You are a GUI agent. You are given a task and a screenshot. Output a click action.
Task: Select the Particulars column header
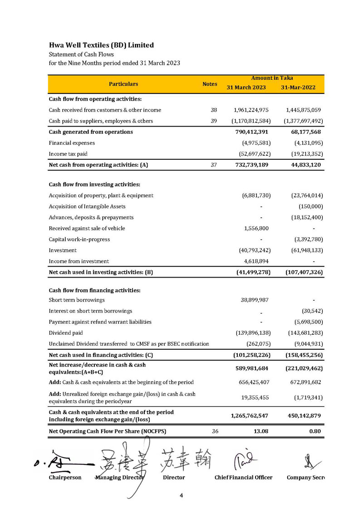123,84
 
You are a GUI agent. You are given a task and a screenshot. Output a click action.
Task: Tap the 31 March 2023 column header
246,88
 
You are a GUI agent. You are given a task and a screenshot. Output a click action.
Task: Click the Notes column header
210,84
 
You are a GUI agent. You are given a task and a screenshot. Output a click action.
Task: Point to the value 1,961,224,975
251,110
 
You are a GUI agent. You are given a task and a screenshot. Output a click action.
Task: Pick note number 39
214,121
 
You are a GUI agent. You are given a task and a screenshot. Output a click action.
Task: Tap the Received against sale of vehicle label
87,228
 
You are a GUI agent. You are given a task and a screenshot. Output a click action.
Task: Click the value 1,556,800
256,228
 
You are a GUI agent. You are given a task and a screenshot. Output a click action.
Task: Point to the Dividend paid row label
66,332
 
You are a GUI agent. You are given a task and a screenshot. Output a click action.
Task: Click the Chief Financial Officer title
243,478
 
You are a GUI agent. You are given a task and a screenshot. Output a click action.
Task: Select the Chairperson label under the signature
65,478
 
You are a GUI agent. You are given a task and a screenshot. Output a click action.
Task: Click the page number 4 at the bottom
181,496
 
